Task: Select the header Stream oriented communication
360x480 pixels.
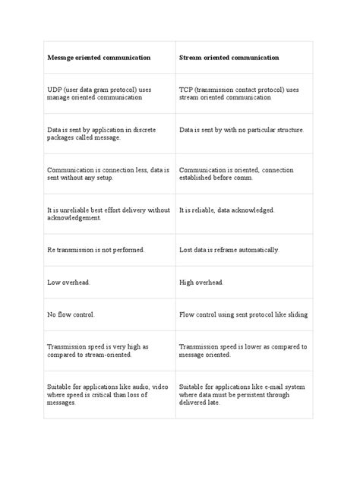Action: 229,58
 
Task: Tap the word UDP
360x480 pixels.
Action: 55,90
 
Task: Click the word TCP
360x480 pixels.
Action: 187,90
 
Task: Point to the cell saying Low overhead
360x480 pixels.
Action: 68,282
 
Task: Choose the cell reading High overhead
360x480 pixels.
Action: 201,282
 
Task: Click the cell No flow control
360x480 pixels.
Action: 71,314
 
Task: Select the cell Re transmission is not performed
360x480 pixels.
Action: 96,249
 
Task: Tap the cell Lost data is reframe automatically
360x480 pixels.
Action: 229,249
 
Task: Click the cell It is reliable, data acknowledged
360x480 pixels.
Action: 226,210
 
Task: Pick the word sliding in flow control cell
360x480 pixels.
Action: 298,314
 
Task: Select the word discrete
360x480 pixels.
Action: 144,130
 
